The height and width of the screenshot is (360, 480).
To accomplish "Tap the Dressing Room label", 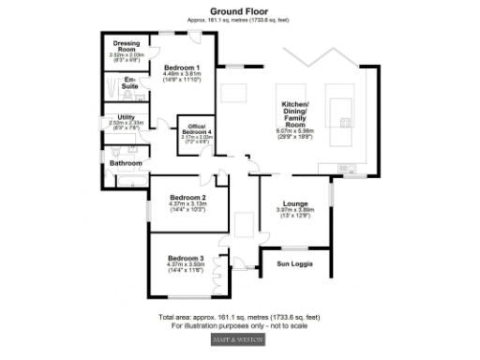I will pyautogui.click(x=127, y=46).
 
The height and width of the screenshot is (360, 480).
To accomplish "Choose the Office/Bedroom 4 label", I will pyautogui.click(x=196, y=129).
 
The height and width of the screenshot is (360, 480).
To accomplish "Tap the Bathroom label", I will pyautogui.click(x=125, y=163).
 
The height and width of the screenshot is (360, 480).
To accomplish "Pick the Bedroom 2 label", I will pyautogui.click(x=186, y=197).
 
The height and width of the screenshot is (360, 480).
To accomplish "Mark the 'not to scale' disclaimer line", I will pyautogui.click(x=239, y=325).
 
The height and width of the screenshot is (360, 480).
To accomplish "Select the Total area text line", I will pyautogui.click(x=239, y=317).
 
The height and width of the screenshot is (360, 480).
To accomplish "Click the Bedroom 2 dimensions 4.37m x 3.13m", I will pyautogui.click(x=186, y=204).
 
